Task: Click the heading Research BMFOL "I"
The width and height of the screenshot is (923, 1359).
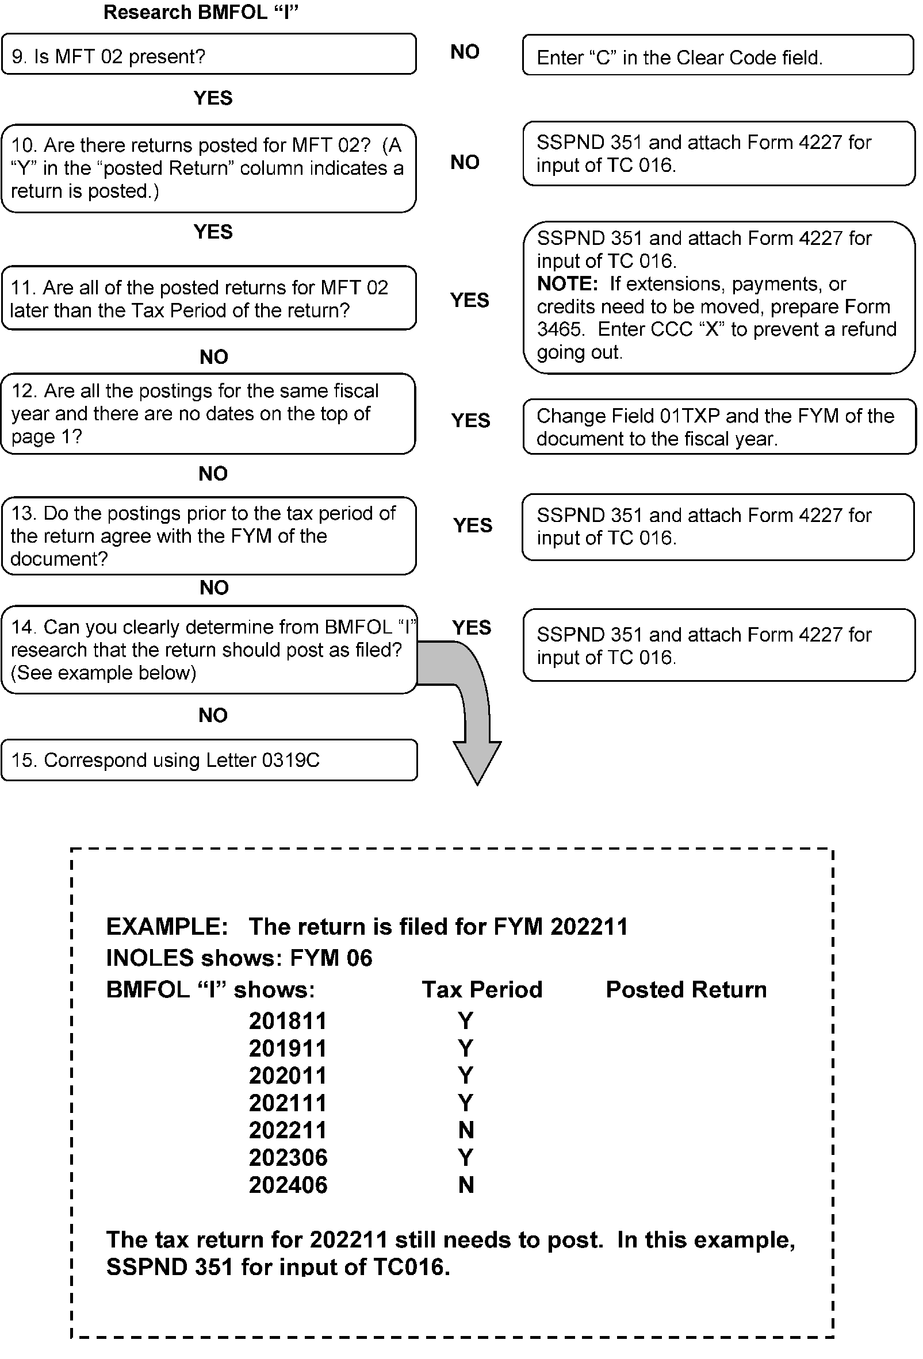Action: click(x=201, y=12)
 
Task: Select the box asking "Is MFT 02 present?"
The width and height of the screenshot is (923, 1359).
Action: click(x=208, y=55)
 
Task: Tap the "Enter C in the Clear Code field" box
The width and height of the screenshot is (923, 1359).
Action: click(x=717, y=56)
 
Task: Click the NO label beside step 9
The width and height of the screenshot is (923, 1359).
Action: click(x=465, y=52)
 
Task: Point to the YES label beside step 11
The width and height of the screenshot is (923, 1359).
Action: click(x=469, y=300)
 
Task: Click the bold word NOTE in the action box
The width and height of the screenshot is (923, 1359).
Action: click(x=567, y=284)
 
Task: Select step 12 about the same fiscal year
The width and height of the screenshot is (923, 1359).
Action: click(x=208, y=413)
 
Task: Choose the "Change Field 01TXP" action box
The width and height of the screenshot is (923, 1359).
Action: click(x=719, y=427)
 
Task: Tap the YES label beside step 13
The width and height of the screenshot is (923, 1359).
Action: click(x=472, y=525)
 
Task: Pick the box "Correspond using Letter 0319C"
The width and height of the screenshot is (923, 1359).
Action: click(x=209, y=759)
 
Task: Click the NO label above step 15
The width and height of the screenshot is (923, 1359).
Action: click(x=213, y=715)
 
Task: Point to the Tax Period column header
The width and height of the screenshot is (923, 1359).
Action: click(x=482, y=989)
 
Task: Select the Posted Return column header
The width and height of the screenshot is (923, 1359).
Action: click(x=685, y=989)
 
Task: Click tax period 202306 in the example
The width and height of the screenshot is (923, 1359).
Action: click(x=288, y=1157)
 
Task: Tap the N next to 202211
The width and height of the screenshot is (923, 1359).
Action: click(x=466, y=1130)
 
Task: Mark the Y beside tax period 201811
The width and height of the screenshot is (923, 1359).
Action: click(x=465, y=1021)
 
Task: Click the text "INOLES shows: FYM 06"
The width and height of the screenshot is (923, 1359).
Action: click(x=239, y=958)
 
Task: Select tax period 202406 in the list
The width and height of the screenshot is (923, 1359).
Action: click(x=288, y=1185)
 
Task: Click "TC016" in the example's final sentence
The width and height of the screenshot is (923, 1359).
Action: click(x=408, y=1267)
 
